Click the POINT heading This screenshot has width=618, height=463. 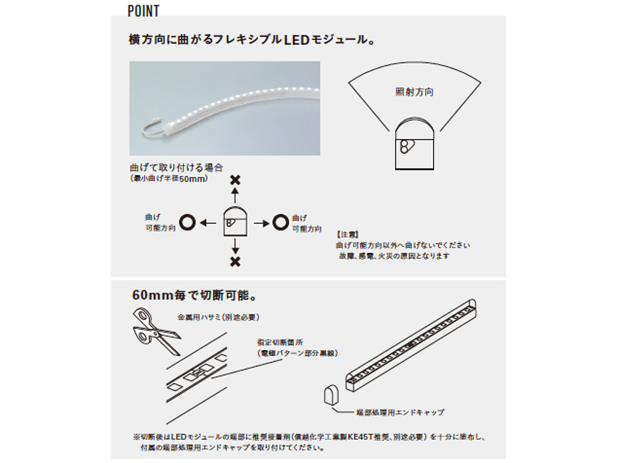[144, 11]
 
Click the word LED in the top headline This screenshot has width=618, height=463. [296, 41]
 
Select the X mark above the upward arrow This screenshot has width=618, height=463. [235, 180]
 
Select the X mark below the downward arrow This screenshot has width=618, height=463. [235, 261]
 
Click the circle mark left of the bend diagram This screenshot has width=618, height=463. [187, 222]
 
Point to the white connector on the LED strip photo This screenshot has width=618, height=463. [151, 126]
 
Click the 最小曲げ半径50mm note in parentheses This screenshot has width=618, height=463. [170, 179]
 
